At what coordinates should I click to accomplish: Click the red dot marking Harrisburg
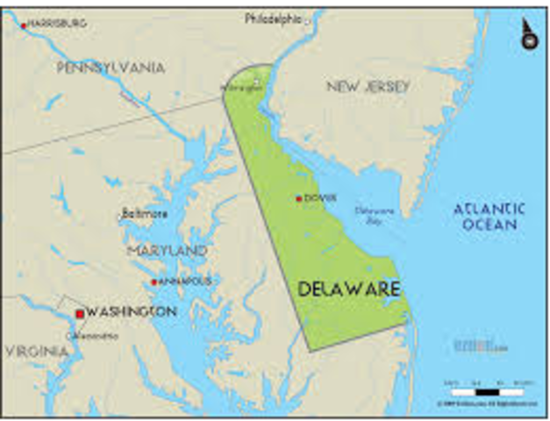tap(24, 25)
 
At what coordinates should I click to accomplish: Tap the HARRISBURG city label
tap(59, 24)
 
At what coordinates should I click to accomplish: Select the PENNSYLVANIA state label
tap(111, 68)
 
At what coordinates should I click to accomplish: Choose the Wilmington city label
tap(240, 88)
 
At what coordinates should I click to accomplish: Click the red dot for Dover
tap(299, 198)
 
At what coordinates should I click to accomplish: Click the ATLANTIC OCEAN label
tap(489, 216)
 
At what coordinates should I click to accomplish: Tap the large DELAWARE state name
tap(349, 289)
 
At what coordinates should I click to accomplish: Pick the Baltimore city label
tap(144, 213)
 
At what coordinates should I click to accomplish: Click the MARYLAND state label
tap(167, 252)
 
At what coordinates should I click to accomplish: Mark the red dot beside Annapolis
tap(154, 282)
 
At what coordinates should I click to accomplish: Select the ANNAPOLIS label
tap(184, 282)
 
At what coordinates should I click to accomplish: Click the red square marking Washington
tap(80, 313)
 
